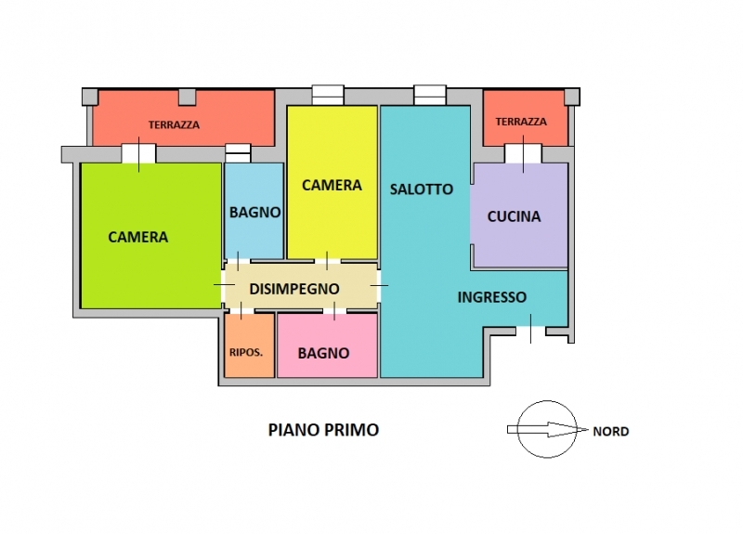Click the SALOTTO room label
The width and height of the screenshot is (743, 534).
tap(422, 189)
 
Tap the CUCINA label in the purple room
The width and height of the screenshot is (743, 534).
tap(515, 216)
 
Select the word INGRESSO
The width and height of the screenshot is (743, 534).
tap(492, 297)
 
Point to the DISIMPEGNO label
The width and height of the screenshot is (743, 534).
tap(294, 289)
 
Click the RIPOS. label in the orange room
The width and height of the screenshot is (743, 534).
tap(246, 353)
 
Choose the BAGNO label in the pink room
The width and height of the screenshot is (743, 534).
tap(323, 353)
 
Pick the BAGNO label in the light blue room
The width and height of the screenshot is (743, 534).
tap(254, 213)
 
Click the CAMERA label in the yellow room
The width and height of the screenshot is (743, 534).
tap(332, 185)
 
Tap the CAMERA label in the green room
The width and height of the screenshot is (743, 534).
tap(137, 237)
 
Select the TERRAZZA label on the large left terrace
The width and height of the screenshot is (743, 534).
tap(174, 125)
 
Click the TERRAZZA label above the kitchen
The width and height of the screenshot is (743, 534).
tap(521, 122)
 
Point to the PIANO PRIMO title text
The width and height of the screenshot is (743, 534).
tap(323, 430)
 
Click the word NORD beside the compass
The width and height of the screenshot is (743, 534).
tap(611, 432)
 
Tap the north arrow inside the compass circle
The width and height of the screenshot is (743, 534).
tap(548, 429)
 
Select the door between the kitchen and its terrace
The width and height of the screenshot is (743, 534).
tap(523, 154)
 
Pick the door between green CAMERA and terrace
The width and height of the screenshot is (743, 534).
tap(138, 154)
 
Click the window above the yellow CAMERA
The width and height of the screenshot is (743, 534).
tap(328, 95)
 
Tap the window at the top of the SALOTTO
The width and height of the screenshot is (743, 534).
tap(430, 95)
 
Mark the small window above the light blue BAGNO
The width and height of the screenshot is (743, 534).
tap(238, 153)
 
